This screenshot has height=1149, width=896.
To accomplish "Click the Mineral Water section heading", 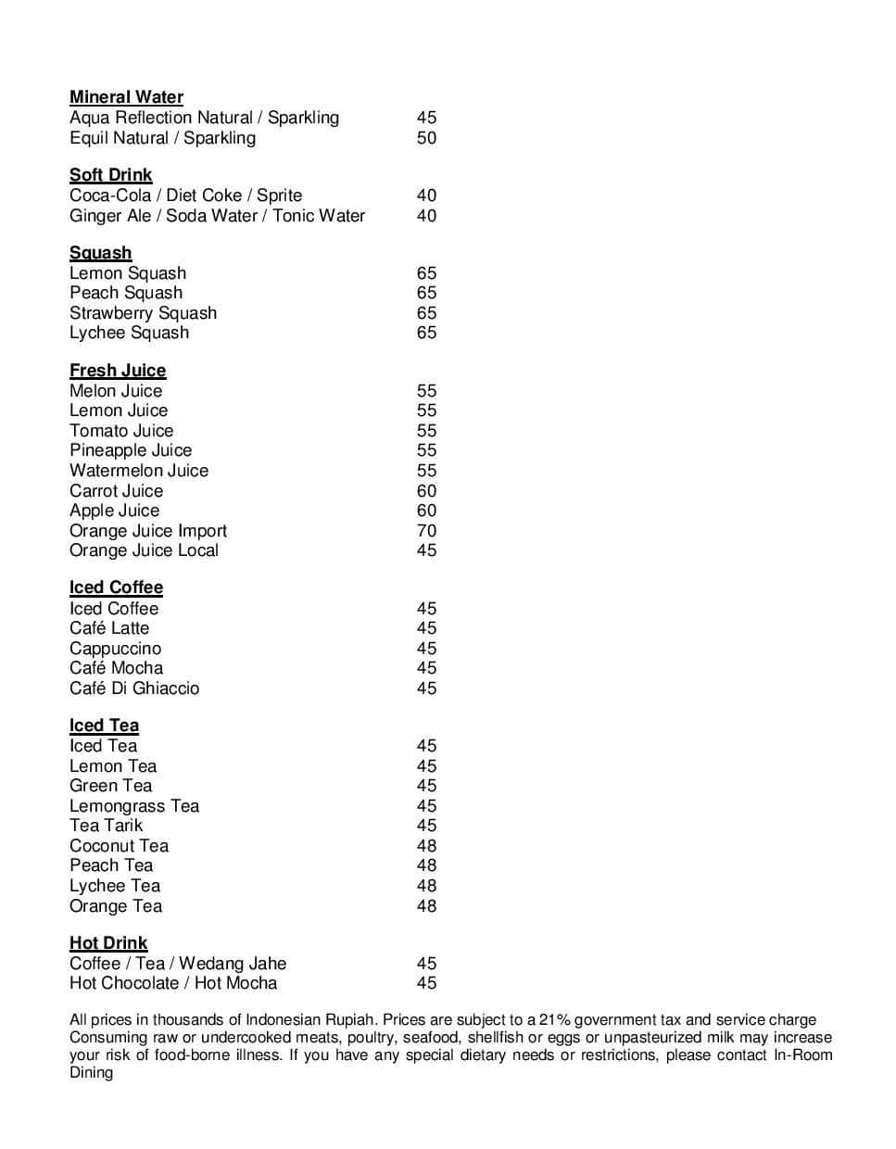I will pos(126,97).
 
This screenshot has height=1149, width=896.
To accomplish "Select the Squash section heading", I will pos(100,253).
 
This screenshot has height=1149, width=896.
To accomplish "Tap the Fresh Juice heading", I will pos(118,371).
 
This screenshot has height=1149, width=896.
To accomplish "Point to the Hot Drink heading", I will pos(108,943).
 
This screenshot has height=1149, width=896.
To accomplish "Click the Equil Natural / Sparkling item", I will pos(162,138).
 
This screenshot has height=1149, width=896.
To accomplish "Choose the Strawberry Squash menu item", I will pos(143,313).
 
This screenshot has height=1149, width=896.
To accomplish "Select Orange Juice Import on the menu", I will pos(148,531).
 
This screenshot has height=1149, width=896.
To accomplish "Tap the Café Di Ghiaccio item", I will pos(134,688).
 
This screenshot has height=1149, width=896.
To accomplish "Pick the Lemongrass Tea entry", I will pos(134,806).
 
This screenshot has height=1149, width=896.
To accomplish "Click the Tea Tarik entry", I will pos(107,826).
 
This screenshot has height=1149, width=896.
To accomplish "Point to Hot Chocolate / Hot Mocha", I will pos(173,983).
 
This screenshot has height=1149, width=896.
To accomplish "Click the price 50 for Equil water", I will pos(426,138).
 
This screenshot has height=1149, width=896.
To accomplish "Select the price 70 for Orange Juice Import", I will pos(426,531).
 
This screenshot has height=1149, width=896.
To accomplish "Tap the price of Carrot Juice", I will pos(426,491).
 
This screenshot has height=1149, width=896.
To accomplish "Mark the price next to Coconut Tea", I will pos(426,846).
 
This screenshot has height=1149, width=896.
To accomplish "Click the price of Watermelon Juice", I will pos(426,471).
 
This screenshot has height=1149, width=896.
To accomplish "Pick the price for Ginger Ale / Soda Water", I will pos(426,216).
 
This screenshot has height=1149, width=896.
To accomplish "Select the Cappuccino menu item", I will pos(115,649).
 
